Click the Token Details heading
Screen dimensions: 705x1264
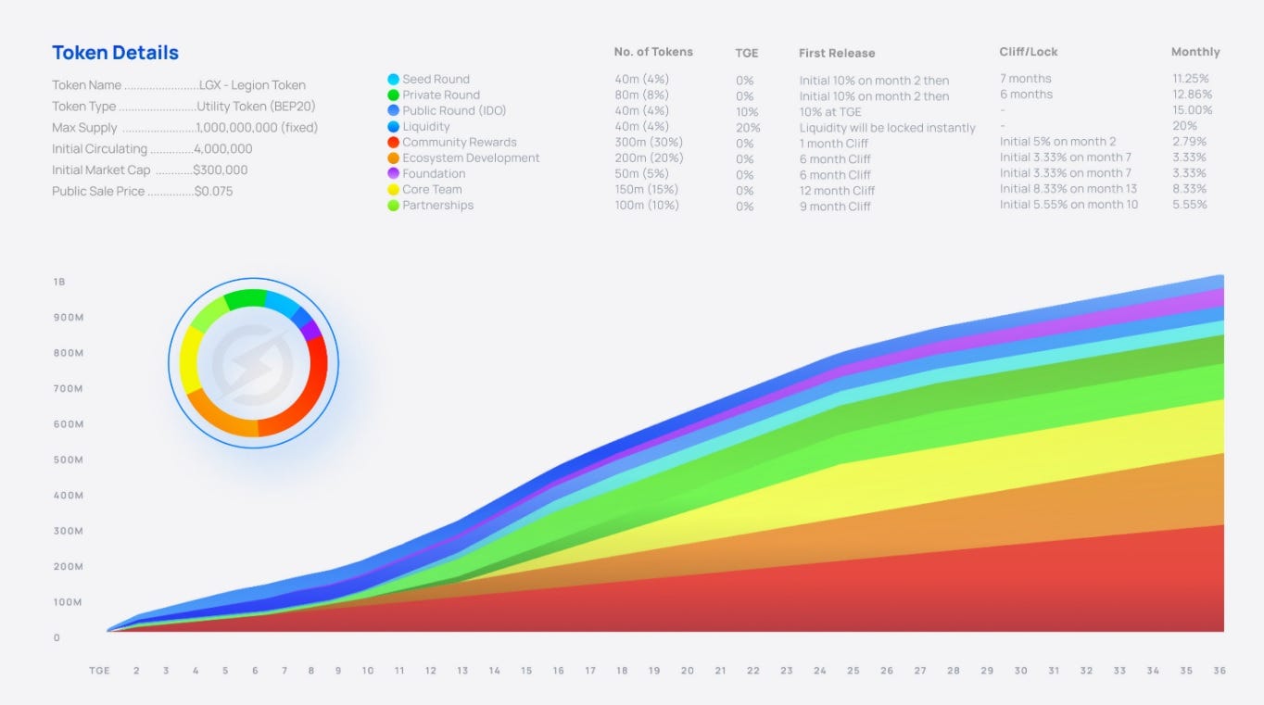[x=115, y=53]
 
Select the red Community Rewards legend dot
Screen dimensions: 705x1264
[x=394, y=142]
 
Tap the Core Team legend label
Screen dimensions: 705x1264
[x=432, y=189]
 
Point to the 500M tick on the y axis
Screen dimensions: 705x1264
[x=68, y=460]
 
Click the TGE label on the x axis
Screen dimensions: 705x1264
[x=99, y=671]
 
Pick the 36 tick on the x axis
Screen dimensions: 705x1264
[x=1219, y=671]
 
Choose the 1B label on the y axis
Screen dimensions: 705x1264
[x=59, y=282]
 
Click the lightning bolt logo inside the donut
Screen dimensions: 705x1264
[x=253, y=363]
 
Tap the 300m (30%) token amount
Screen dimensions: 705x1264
[x=649, y=142]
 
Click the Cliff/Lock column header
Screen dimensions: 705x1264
[x=1029, y=52]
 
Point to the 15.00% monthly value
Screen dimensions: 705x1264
[x=1192, y=110]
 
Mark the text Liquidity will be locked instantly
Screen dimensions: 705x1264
[x=887, y=128]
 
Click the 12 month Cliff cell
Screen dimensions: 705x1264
[x=837, y=190]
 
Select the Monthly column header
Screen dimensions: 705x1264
[x=1195, y=52]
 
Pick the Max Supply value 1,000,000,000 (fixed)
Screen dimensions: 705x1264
[x=257, y=128]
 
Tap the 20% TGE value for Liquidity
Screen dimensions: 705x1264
[x=748, y=128]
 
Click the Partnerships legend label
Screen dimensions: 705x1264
[x=437, y=205]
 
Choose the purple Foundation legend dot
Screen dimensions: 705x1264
[x=394, y=173]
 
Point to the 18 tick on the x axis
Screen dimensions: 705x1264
[x=622, y=671]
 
